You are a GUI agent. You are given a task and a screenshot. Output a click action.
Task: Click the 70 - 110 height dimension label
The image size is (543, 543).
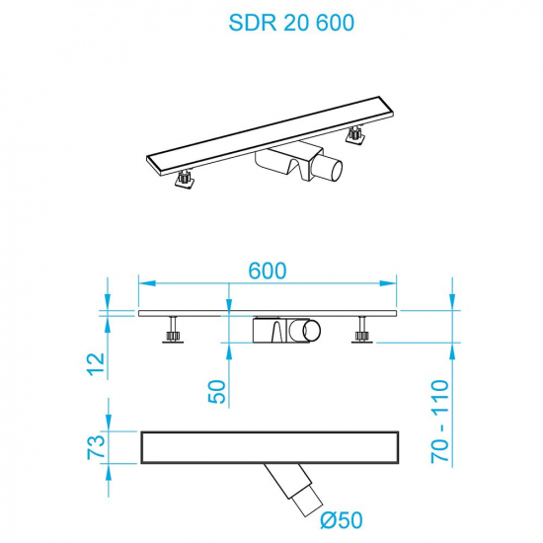click(x=440, y=422)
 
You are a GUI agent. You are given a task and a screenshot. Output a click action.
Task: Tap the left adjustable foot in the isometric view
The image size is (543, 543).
click(x=184, y=181)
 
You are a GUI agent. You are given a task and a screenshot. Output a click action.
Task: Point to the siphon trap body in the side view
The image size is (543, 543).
click(x=281, y=330)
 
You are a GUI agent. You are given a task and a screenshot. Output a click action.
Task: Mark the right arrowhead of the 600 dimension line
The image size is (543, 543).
click(x=394, y=283)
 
